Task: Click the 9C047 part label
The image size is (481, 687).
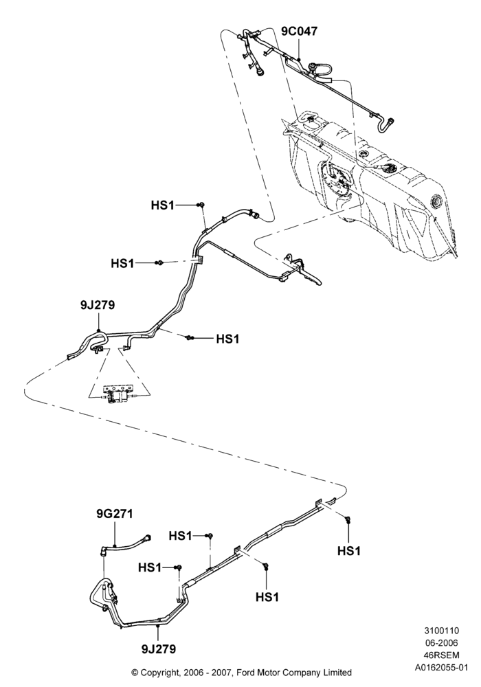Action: click(299, 31)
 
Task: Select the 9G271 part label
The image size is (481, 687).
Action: click(114, 513)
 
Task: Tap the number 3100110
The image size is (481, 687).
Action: click(441, 631)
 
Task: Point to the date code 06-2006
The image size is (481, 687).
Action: click(441, 643)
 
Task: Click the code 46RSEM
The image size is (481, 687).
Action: click(441, 655)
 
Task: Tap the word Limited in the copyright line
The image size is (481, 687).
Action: click(338, 673)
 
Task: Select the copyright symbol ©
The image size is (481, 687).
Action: click(135, 673)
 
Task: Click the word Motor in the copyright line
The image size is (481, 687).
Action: click(269, 673)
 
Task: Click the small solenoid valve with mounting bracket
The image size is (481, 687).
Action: click(118, 395)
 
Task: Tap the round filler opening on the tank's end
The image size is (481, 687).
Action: click(438, 201)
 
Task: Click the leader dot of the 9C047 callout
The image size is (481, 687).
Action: click(299, 58)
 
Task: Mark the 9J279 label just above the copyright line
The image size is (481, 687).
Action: click(159, 649)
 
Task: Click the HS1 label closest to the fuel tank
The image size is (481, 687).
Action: click(163, 205)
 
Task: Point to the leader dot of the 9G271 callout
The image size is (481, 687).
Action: click(115, 546)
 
